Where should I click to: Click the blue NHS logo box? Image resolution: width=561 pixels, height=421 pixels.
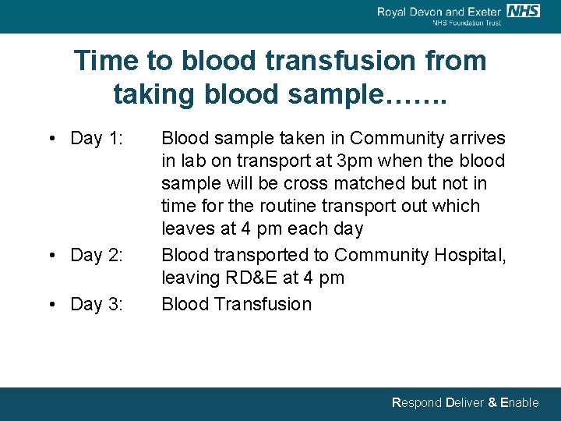click(x=523, y=10)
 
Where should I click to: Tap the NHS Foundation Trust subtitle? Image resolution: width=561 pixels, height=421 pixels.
click(x=467, y=23)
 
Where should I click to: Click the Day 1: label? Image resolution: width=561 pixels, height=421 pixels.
click(x=97, y=139)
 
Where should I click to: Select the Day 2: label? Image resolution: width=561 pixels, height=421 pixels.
click(x=97, y=256)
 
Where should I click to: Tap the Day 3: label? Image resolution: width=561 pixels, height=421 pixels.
click(x=97, y=304)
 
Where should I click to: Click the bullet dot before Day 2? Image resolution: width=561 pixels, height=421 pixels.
click(x=51, y=256)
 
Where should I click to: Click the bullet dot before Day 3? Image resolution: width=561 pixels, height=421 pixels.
click(x=51, y=304)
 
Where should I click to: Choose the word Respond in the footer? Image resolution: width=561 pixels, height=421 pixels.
click(x=416, y=403)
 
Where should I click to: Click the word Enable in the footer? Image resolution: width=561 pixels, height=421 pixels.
click(x=519, y=403)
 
